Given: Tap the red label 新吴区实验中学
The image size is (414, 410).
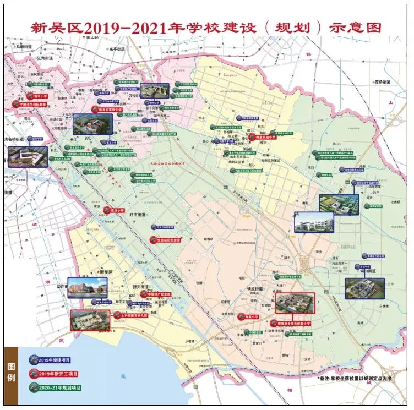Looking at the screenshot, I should coord(101,110).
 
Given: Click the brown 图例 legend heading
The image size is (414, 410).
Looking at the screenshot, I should coord(11,374).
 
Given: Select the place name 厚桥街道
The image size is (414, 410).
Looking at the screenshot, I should coord(379,82).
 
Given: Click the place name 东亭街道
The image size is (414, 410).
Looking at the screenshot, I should coord(117,49).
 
